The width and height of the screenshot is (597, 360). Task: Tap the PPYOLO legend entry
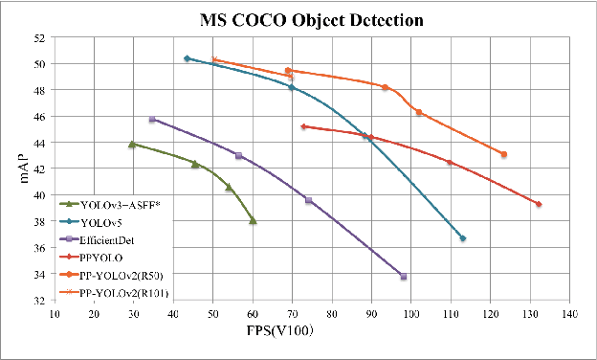(99, 257)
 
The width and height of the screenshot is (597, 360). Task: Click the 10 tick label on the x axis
(55, 313)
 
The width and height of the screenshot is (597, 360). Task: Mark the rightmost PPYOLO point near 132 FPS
(539, 204)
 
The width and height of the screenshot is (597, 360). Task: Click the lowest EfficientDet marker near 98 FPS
(404, 277)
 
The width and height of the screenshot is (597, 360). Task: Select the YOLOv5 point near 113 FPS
(463, 237)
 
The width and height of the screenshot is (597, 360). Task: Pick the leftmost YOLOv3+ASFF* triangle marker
(132, 145)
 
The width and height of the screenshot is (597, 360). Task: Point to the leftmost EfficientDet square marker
(152, 120)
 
